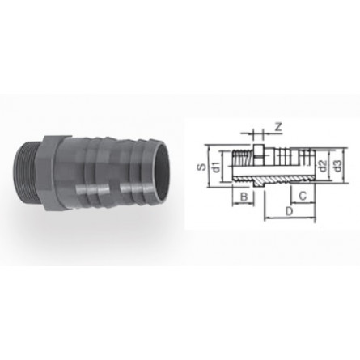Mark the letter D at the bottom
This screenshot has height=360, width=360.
(x=288, y=212)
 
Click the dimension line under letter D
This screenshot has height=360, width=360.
(x=288, y=219)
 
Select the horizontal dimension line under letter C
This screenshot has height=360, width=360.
(x=300, y=203)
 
